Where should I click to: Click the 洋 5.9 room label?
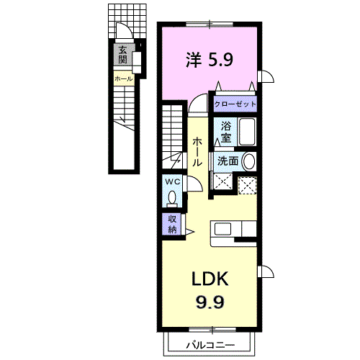click(209, 59)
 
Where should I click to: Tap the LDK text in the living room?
click(210, 279)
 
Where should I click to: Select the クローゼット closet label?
click(235, 104)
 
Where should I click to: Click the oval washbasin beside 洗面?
click(249, 162)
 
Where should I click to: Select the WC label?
click(172, 181)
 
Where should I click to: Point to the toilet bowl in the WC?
click(172, 196)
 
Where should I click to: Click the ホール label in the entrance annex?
click(122, 78)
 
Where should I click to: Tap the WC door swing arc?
click(192, 184)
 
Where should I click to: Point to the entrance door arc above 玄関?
click(123, 33)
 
